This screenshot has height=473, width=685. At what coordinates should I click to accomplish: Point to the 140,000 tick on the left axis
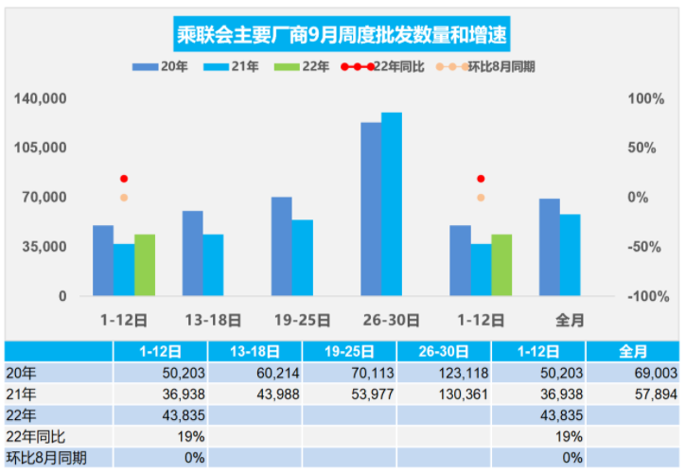pyautogui.click(x=40, y=98)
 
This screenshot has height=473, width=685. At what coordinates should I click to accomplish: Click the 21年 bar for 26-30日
pyautogui.click(x=392, y=203)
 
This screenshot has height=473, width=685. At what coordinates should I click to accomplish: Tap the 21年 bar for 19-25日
pyautogui.click(x=302, y=257)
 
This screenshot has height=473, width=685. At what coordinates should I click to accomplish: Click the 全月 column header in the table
pyautogui.click(x=633, y=352)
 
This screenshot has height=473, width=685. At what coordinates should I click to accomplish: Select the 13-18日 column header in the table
pyautogui.click(x=255, y=352)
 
